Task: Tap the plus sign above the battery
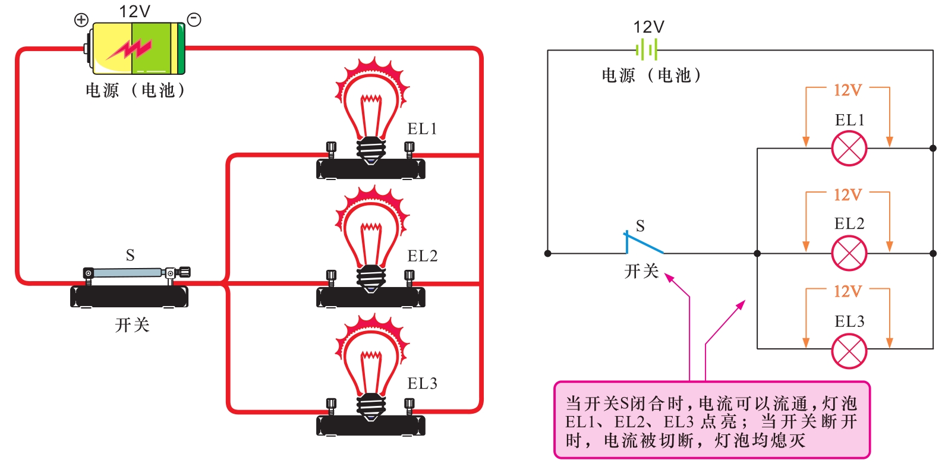[x=81, y=20]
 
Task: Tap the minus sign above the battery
[x=194, y=20]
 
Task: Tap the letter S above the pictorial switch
[x=130, y=256]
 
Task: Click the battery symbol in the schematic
[x=647, y=50]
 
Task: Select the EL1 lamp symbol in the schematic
[x=849, y=149]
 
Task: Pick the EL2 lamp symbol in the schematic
[x=849, y=253]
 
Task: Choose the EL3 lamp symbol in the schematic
[x=849, y=351]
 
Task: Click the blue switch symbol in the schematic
[x=643, y=242]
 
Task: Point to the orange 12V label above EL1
[x=848, y=90]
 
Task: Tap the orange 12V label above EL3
[x=848, y=291]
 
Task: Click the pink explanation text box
[x=711, y=421]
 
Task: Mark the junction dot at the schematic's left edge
[x=548, y=253]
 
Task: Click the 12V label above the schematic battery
[x=648, y=27]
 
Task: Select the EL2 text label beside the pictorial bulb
[x=422, y=256]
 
